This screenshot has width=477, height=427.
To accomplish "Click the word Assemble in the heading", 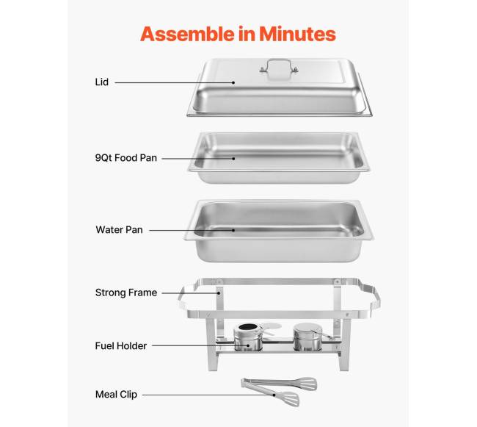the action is coord(187,34).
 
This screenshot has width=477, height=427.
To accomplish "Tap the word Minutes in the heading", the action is coord(297,34).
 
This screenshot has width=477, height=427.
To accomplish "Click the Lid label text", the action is coord(101,82).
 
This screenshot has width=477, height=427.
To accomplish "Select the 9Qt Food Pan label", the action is coord(126,158).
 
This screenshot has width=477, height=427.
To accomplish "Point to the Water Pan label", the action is coord(119,229).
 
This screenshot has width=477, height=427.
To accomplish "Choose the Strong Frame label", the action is coord(126,293).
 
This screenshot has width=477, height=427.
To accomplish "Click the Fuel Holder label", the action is coord(121,346).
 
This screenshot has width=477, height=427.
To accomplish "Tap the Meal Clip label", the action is coord(116,395).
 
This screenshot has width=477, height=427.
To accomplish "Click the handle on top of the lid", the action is coord(279,62).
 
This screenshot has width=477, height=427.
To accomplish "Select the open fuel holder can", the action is coord(248,337).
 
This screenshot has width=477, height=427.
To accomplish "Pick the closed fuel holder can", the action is coord(307,337).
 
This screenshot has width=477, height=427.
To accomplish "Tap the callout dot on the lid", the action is coord(233,82).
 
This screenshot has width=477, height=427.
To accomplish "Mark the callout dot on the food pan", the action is coord(233,158).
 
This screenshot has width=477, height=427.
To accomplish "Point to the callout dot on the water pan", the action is coord(233,230).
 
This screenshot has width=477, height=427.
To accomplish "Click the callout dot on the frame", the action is coord(219,293).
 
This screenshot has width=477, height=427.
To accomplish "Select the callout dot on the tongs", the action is coord(274,395).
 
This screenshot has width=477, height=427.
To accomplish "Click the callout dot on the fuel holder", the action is coord(248,345).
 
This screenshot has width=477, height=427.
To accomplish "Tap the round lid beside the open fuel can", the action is coord(272,326).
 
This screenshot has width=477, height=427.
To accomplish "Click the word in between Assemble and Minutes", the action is coord(247,34).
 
